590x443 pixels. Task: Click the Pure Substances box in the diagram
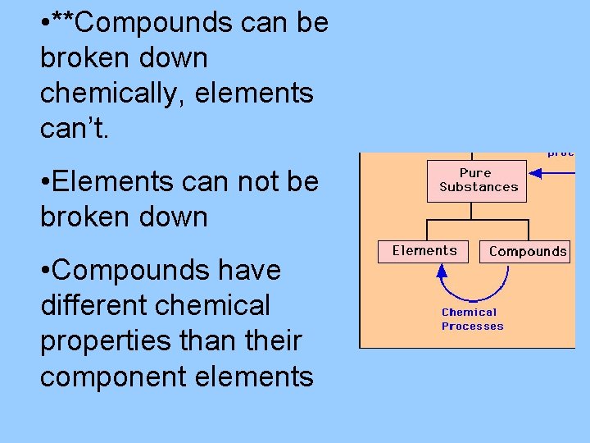coord(478,180)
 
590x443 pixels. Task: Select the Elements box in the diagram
coord(424,251)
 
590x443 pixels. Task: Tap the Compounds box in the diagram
coord(527,252)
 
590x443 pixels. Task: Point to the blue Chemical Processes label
coord(472,319)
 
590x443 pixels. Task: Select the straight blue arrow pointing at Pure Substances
coord(552,173)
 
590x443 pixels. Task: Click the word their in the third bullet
coord(275,340)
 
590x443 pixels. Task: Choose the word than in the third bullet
coord(201,340)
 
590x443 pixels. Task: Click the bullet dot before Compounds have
coord(44,271)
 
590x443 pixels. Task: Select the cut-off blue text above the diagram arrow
coord(561,153)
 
